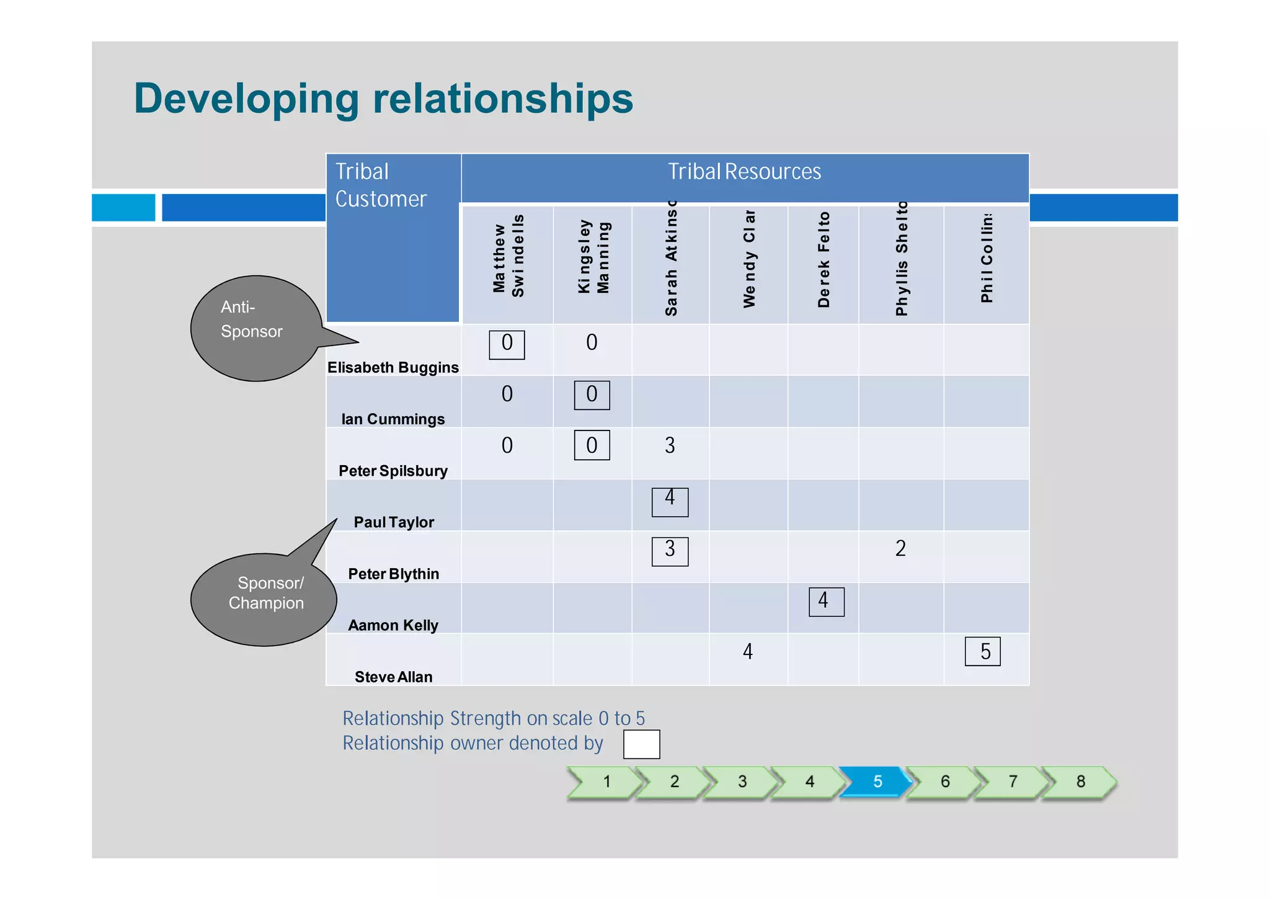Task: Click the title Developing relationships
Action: [x=383, y=99]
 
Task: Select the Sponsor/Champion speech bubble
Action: [x=264, y=599]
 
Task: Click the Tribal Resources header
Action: [x=744, y=172]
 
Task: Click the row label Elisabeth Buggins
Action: [x=393, y=367]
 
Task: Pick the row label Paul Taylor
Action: [x=393, y=522]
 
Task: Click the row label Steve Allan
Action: [x=393, y=677]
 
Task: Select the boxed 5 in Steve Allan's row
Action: [x=983, y=652]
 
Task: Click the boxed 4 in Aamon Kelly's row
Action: [x=826, y=601]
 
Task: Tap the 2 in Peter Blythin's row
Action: [x=900, y=548]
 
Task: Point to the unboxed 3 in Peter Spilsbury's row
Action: [x=670, y=445]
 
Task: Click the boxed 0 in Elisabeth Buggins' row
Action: [x=507, y=344]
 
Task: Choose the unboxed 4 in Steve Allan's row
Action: [x=748, y=651]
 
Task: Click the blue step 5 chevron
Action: [x=876, y=782]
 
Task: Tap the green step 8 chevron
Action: [x=1080, y=782]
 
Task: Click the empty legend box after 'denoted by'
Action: [x=641, y=744]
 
